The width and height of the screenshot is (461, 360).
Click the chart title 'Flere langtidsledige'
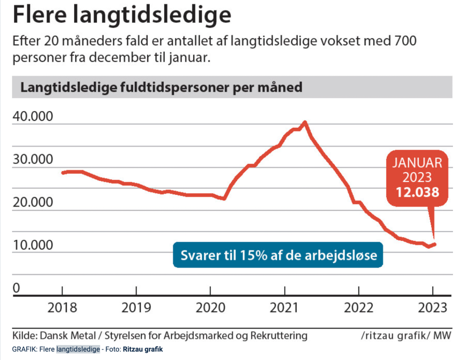click(122, 15)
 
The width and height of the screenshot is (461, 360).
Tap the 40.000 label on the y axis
click(33, 116)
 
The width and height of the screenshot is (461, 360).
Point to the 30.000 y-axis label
click(33, 159)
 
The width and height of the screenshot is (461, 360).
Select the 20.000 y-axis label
click(33, 202)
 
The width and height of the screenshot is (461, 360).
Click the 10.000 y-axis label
click(33, 245)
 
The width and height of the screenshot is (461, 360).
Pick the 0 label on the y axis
click(17, 288)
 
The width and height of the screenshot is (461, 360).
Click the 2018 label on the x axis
click(62, 308)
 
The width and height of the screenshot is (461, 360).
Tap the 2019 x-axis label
click(136, 308)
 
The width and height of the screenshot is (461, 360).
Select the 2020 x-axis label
click(210, 308)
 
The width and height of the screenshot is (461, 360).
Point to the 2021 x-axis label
click(284, 308)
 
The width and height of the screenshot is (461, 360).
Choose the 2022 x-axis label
click(358, 308)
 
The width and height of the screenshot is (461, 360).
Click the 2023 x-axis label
click(433, 308)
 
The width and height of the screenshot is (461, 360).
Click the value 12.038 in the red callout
click(417, 192)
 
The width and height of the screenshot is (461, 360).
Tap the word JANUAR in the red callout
click(417, 163)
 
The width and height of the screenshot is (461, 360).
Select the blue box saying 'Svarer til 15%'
click(278, 255)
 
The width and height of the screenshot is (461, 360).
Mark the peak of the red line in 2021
click(305, 122)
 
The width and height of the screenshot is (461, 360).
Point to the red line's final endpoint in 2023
click(435, 244)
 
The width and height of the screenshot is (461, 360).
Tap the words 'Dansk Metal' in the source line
click(68, 336)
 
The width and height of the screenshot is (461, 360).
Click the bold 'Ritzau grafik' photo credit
click(143, 349)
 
